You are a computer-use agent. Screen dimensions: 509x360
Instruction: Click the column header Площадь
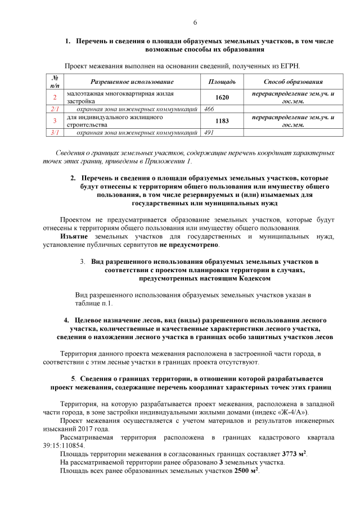tap(222, 82)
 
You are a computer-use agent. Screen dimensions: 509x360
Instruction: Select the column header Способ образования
tap(292, 82)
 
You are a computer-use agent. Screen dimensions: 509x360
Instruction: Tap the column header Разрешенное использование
tap(132, 82)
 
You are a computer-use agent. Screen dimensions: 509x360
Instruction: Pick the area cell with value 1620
tap(222, 97)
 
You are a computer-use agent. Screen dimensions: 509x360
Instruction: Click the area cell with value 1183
tap(222, 121)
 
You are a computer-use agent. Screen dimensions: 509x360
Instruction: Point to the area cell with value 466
tap(209, 109)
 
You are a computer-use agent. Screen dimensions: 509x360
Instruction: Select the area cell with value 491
tap(209, 133)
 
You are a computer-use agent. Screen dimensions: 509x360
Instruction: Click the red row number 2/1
tap(55, 109)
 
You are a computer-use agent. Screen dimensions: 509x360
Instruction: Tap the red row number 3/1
tap(55, 133)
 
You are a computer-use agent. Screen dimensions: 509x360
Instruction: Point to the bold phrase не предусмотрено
tap(189, 245)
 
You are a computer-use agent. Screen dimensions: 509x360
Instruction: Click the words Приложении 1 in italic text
tap(172, 161)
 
